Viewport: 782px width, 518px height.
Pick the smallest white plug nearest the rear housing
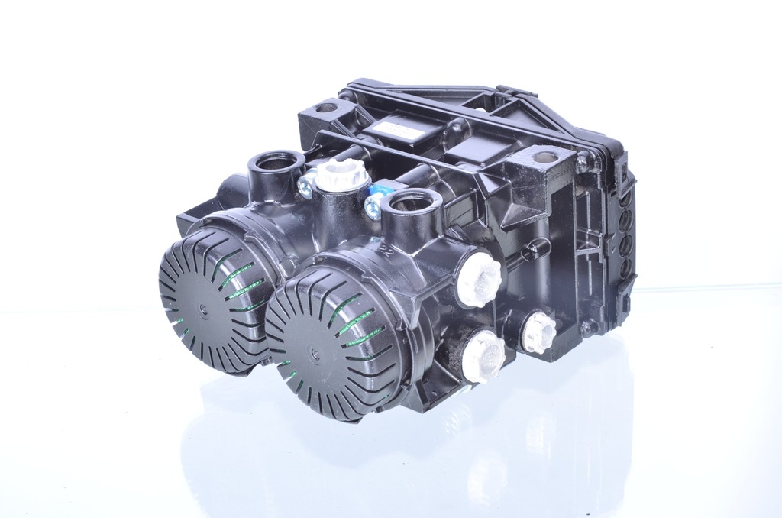click(x=538, y=332)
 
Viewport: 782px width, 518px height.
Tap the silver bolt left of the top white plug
click(x=306, y=184)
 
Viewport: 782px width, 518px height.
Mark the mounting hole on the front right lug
click(x=545, y=157)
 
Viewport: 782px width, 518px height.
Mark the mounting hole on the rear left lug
click(x=326, y=108)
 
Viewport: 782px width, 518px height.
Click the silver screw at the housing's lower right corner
click(x=587, y=329)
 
